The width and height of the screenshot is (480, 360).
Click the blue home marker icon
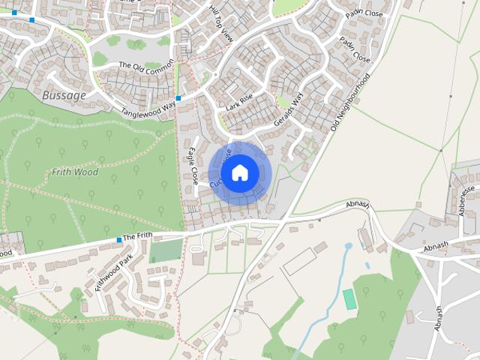[x=240, y=172]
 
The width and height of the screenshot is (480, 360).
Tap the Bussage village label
[x=64, y=96]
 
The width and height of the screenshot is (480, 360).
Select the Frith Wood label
[x=75, y=172]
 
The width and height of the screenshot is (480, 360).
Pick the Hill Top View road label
[x=222, y=23]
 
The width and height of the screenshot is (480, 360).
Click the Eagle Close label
[x=193, y=166]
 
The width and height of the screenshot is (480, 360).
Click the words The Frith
[x=138, y=236]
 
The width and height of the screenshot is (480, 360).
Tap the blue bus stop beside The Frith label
[x=118, y=240]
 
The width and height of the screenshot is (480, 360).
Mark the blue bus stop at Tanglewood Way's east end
[x=178, y=98]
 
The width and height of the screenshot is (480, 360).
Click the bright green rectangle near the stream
[x=349, y=298]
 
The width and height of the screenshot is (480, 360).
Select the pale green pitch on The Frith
[x=166, y=250]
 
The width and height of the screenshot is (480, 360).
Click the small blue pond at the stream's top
[x=348, y=245]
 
